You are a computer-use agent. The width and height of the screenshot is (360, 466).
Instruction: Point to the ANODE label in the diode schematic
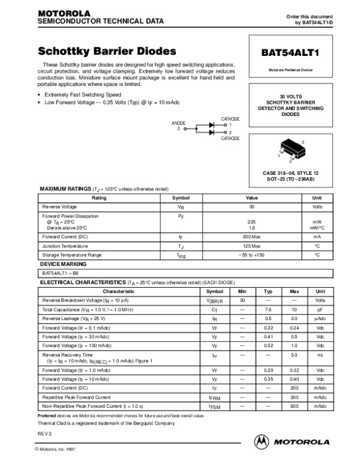pyautogui.click(x=179, y=123)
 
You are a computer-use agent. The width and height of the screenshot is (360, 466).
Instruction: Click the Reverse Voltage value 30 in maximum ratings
pyautogui.click(x=251, y=206)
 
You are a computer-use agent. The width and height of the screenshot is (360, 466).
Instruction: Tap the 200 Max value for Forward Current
pyautogui.click(x=251, y=237)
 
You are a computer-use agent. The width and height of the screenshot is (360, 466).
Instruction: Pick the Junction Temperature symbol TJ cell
pyautogui.click(x=181, y=246)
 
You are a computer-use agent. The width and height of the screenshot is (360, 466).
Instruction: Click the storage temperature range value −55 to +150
pyautogui.click(x=251, y=255)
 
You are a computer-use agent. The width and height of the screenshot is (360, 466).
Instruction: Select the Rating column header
pyautogui.click(x=100, y=198)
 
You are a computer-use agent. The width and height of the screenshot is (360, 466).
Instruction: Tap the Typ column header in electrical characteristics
pyautogui.click(x=268, y=291)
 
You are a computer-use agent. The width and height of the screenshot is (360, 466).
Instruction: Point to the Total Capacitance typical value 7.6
pyautogui.click(x=268, y=309)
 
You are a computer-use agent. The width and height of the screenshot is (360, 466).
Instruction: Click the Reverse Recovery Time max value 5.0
pyautogui.click(x=294, y=356)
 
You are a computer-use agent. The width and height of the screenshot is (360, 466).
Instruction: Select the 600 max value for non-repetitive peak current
pyautogui.click(x=294, y=406)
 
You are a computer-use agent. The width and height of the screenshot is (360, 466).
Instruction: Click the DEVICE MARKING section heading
pyautogui.click(x=63, y=264)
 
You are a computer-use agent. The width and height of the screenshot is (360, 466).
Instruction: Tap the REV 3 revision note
pyautogui.click(x=46, y=433)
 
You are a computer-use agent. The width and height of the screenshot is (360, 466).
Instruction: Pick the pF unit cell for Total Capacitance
pyautogui.click(x=320, y=309)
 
